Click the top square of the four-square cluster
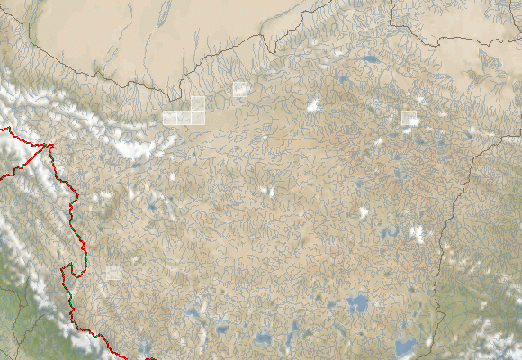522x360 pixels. click(x=198, y=103)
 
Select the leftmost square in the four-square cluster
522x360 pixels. click(x=170, y=118)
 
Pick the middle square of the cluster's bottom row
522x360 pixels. click(x=184, y=118)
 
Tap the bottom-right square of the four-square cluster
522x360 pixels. click(x=198, y=118)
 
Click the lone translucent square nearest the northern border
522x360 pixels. click(x=240, y=88)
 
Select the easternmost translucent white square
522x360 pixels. click(x=409, y=118)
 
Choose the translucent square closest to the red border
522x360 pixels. click(x=113, y=273)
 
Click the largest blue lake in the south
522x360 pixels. click(x=358, y=302)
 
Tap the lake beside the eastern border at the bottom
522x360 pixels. click(x=406, y=346)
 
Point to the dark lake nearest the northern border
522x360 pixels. click(x=371, y=61)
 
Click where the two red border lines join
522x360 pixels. click(x=51, y=145)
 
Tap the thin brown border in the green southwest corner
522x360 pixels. click(x=22, y=310)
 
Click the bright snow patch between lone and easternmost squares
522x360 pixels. click(x=314, y=106)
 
